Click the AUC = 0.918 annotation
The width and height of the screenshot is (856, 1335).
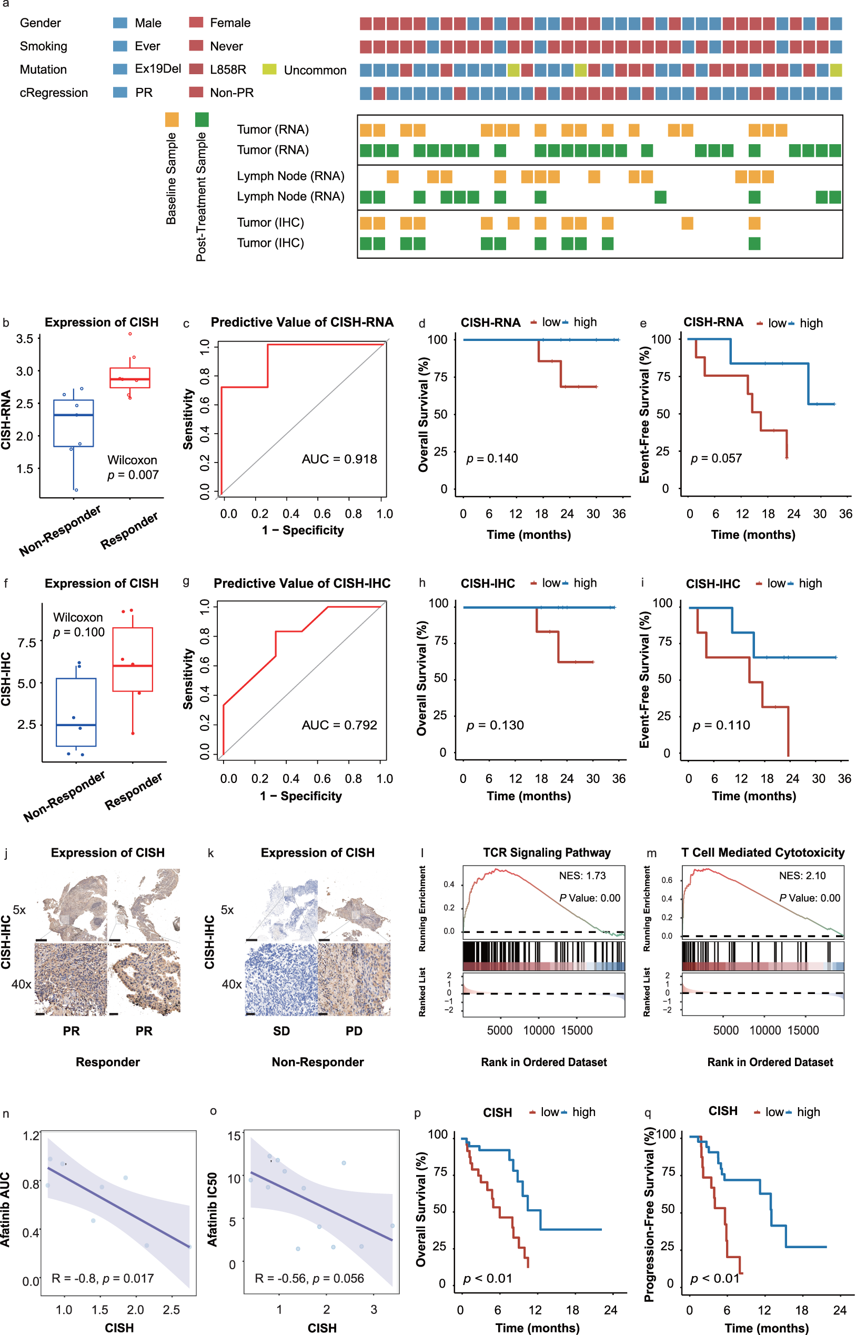click(x=339, y=459)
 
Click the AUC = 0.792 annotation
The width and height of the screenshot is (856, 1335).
click(x=339, y=725)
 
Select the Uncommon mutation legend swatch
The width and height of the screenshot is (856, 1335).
click(x=269, y=69)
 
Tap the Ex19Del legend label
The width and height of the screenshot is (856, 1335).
click(x=158, y=69)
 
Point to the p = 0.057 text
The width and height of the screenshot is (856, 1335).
click(x=716, y=458)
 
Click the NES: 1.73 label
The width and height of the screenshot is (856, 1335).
click(x=582, y=876)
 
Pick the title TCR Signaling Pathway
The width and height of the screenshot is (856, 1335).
click(x=547, y=852)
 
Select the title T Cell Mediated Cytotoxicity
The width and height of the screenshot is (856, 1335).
click(x=763, y=852)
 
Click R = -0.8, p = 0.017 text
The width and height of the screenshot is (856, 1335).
click(x=102, y=1278)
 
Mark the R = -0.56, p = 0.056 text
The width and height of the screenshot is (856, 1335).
click(x=309, y=1278)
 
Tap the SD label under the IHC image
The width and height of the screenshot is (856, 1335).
click(x=281, y=1031)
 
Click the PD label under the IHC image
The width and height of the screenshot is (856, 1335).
click(x=354, y=1031)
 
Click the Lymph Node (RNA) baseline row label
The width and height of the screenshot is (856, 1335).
click(x=290, y=176)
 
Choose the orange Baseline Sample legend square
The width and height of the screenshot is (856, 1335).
click(x=172, y=119)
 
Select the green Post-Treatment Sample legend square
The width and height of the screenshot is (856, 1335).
click(x=202, y=119)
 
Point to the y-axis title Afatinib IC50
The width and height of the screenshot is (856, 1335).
click(x=213, y=1209)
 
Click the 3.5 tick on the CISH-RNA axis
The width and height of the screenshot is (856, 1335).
click(x=24, y=338)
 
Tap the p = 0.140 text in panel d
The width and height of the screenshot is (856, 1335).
click(x=492, y=458)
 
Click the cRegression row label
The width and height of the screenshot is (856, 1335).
click(x=54, y=93)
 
